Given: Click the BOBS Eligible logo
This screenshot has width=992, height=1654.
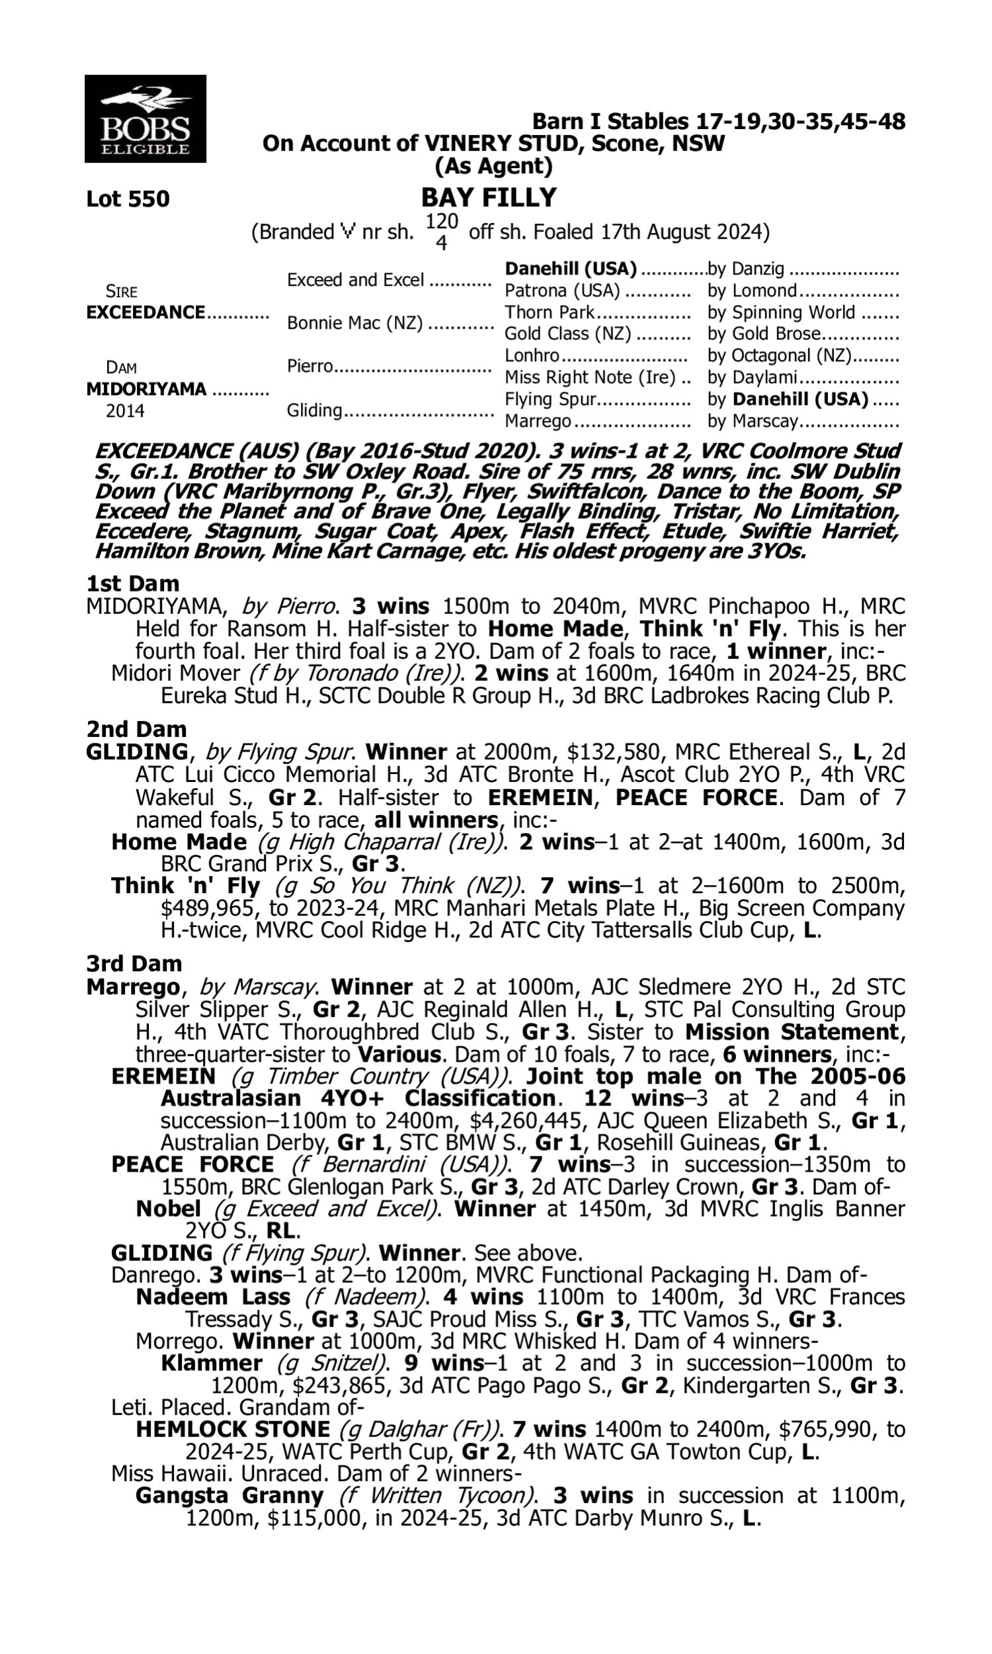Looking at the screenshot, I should [x=145, y=119].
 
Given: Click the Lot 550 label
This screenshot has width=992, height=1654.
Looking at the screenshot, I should [x=128, y=199].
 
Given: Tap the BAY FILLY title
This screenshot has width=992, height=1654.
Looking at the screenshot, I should [x=489, y=198].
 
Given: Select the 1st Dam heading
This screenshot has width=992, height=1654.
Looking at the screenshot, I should [x=132, y=584].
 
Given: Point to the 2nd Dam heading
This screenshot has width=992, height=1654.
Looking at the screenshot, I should [x=136, y=728].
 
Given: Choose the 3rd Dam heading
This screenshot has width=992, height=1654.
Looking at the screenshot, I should [x=134, y=963].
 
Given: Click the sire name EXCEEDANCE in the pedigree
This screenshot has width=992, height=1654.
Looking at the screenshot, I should [x=145, y=313].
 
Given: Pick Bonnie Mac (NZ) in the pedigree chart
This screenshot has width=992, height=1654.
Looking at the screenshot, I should [x=354, y=324].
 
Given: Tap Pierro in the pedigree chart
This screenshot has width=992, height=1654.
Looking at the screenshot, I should [x=310, y=367].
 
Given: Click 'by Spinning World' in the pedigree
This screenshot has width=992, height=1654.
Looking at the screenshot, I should [x=781, y=313].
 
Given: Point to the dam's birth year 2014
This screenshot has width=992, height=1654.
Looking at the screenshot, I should [x=125, y=410].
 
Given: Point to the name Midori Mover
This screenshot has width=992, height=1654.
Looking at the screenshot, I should [x=175, y=674].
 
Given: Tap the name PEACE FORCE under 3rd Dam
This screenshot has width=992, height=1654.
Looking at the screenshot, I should [x=192, y=1164].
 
